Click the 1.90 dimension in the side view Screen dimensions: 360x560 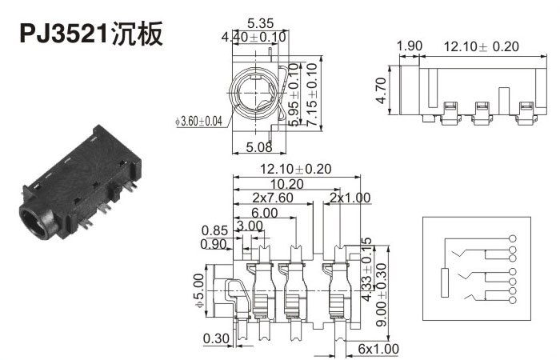pos(410,46)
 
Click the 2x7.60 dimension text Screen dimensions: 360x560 pos(273,198)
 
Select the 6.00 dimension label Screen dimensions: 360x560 pos(264,212)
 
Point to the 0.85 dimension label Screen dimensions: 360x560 pos(214,230)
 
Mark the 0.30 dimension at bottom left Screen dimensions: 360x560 pos(216,339)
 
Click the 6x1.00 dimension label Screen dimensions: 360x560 pos(378,350)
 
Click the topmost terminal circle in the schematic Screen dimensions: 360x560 pos(511,238)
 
